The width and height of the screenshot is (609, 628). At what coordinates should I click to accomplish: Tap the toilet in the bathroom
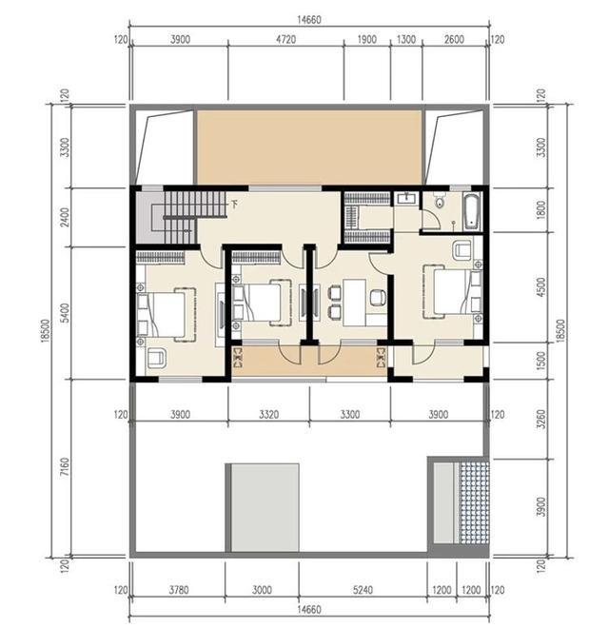click(x=440, y=202)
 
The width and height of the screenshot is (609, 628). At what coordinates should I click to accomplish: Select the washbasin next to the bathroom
click(x=406, y=198)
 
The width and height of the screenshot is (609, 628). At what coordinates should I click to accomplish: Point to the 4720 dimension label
click(x=286, y=40)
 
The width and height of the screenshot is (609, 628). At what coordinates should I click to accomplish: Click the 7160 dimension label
click(x=65, y=467)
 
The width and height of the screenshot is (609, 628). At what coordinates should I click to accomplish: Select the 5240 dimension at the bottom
click(x=363, y=590)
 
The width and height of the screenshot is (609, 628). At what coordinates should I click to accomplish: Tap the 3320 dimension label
click(x=268, y=414)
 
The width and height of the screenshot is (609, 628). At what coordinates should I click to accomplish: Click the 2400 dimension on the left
click(x=65, y=217)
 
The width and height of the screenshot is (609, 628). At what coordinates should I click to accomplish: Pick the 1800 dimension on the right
click(x=540, y=210)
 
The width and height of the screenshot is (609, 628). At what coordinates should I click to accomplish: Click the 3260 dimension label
click(x=540, y=419)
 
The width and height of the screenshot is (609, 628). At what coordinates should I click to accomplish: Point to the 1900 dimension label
click(x=366, y=40)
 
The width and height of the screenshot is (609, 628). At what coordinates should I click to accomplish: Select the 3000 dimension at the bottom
click(x=262, y=590)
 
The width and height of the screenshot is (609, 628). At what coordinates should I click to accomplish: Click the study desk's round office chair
click(x=378, y=298)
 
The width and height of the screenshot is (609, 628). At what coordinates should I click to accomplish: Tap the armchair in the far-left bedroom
click(x=156, y=358)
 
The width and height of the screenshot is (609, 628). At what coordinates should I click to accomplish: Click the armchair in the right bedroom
click(x=462, y=250)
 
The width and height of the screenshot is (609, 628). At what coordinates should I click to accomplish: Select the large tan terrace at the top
click(x=309, y=147)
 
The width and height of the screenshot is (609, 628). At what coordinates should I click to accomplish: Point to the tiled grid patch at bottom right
click(x=475, y=503)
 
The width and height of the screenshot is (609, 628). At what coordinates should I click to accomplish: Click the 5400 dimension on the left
click(x=65, y=313)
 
